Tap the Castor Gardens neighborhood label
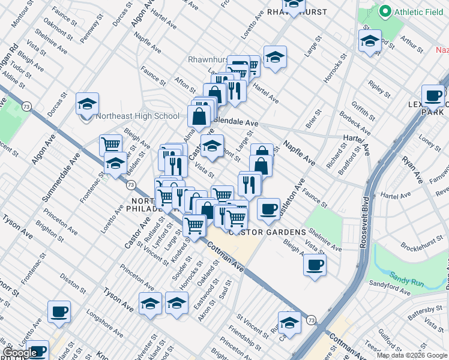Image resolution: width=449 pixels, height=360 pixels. tap(270, 232)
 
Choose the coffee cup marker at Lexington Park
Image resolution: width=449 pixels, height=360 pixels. tap(433, 95)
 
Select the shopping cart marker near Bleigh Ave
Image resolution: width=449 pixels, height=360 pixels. tap(110, 144)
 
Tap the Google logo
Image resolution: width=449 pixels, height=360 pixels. tap(20, 353)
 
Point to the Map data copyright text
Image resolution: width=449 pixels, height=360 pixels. tap(412, 355)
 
